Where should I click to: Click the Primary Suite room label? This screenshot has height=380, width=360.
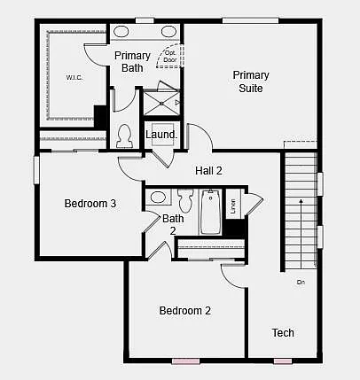click(251, 81)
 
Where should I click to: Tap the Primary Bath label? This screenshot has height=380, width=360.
click(132, 62)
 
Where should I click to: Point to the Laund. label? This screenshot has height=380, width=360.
click(161, 136)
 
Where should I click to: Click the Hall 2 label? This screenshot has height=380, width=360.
click(208, 170)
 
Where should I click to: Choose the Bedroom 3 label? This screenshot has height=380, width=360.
click(90, 204)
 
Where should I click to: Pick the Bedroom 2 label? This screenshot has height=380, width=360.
click(184, 311)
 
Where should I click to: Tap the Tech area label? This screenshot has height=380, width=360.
click(283, 333)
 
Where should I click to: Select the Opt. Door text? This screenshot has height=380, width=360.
click(169, 57)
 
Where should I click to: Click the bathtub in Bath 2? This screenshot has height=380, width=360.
click(211, 213)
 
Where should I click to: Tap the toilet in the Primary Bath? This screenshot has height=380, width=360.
click(125, 136)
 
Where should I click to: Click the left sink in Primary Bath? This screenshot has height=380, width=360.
click(121, 32)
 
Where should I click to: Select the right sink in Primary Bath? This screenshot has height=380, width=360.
click(168, 32)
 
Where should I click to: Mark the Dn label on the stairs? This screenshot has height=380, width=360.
click(301, 283)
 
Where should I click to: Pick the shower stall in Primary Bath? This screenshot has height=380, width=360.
click(162, 103)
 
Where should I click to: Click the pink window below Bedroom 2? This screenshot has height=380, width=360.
click(184, 361)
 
